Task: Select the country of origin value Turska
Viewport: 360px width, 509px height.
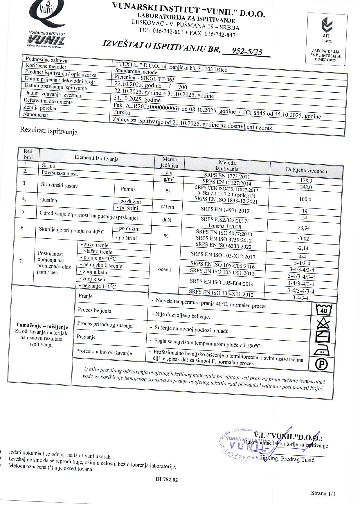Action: [122, 112]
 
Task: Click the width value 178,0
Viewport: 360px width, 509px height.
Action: [306, 180]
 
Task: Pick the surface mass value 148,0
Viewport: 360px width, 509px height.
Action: [306, 187]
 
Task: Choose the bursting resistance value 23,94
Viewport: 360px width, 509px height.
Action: [304, 228]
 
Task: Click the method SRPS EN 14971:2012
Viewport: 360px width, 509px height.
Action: [225, 210]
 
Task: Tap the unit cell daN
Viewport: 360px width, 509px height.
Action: [167, 220]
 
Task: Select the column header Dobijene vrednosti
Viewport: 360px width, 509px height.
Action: [306, 171]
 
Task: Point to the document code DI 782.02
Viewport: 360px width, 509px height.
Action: [167, 479]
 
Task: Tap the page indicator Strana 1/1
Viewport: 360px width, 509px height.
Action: [323, 493]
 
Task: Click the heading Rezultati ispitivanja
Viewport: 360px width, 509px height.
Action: [49, 131]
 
